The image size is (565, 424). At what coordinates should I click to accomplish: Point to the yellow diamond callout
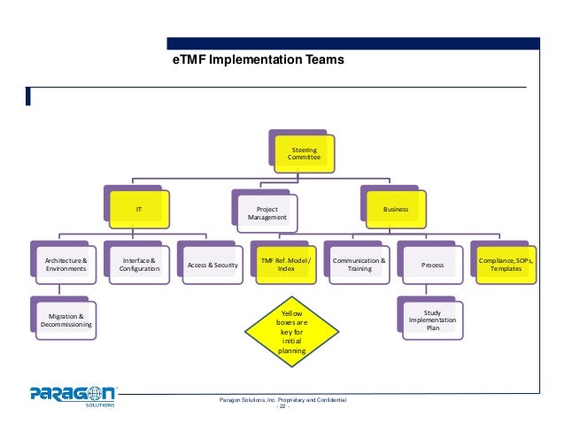point(291,333)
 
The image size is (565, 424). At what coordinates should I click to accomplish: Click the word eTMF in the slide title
point(190,61)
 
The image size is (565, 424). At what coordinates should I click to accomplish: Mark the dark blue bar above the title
point(354,42)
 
